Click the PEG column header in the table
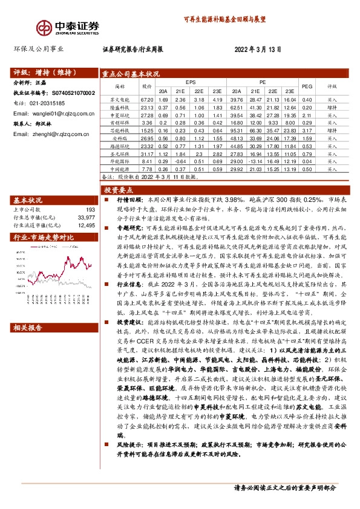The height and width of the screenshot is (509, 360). click(307, 86)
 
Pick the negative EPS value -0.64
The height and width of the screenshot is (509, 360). click(180, 161)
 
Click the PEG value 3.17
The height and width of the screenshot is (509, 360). click(307, 130)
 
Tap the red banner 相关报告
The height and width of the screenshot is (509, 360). click(28, 328)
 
